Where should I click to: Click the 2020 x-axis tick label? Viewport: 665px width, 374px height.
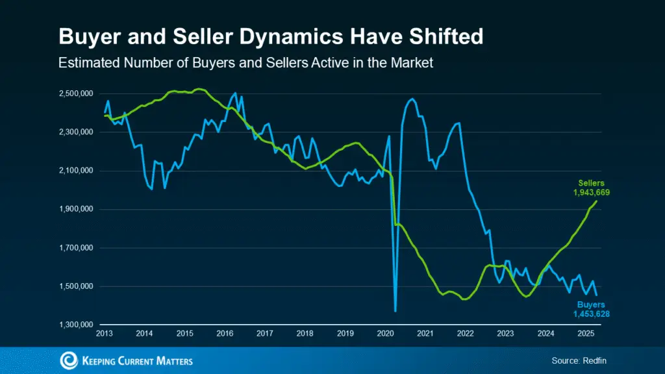(x=385, y=334)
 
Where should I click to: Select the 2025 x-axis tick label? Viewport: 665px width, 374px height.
(x=586, y=334)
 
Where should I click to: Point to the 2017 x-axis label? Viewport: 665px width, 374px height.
(x=264, y=334)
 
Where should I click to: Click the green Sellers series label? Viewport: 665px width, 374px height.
(x=591, y=184)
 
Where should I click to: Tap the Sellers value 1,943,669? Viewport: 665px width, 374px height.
(x=591, y=193)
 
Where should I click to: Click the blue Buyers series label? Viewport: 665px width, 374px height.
(x=591, y=305)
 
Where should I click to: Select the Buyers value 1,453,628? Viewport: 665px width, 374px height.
(x=591, y=314)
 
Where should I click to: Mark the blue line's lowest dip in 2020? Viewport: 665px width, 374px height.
(x=395, y=311)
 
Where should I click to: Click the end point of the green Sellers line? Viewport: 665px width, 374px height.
(x=597, y=201)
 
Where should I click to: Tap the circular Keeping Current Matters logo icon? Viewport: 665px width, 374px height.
(x=68, y=360)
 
